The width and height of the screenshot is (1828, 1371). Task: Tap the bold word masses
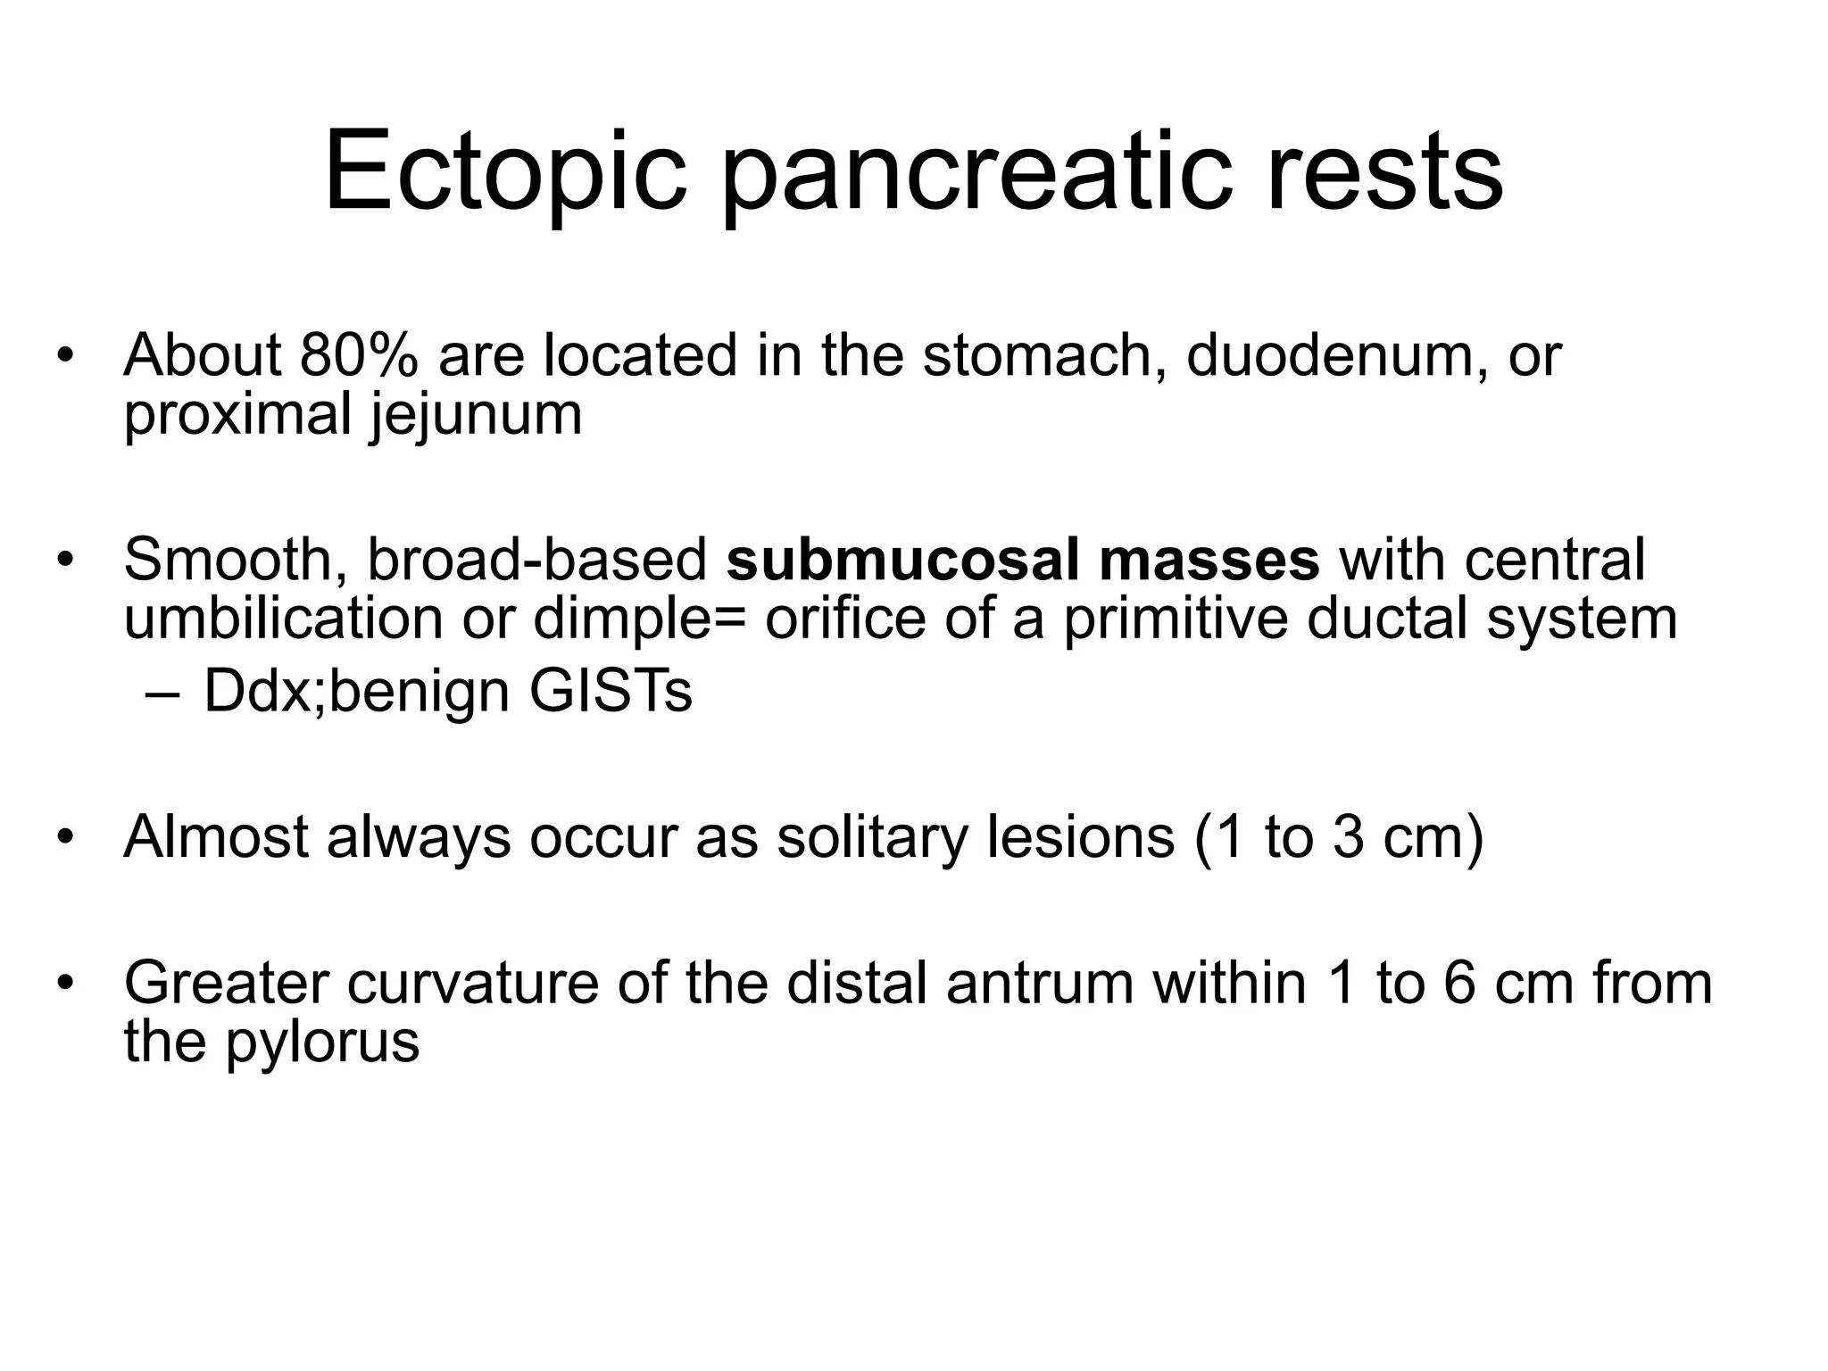click(x=1209, y=560)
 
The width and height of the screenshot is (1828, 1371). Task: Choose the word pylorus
click(x=322, y=1042)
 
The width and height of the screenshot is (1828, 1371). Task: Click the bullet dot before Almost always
click(x=63, y=839)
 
